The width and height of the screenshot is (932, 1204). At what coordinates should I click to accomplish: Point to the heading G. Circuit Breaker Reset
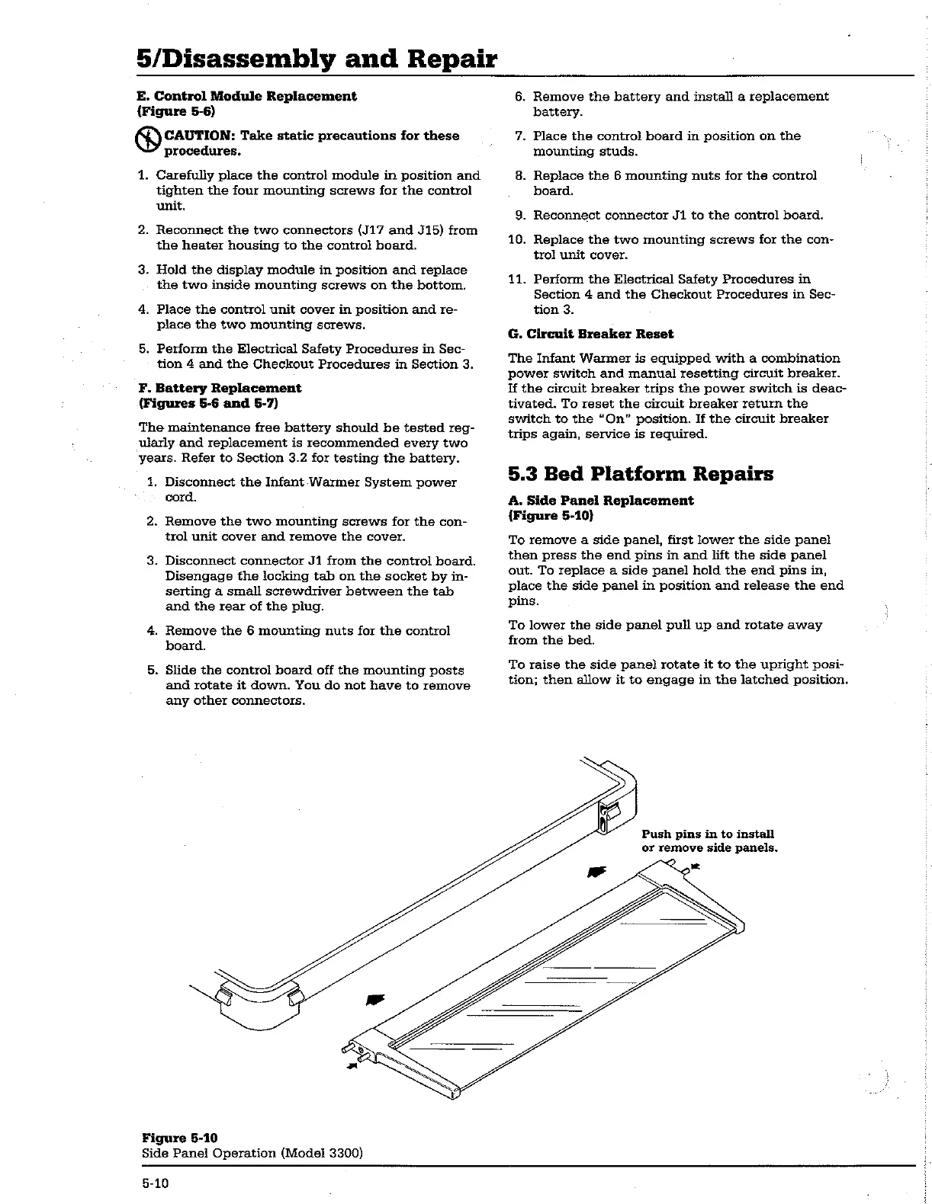coord(590,334)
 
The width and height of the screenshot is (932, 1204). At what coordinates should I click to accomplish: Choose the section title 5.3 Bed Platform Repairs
coord(641,474)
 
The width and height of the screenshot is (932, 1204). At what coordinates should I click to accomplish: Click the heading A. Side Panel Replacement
coord(600,501)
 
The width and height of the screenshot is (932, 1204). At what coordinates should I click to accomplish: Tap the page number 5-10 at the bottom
coord(153,1183)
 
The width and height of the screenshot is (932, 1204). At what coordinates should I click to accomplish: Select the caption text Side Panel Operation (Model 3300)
coord(252,1153)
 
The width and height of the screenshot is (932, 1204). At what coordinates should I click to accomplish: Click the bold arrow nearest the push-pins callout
coord(598,872)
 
